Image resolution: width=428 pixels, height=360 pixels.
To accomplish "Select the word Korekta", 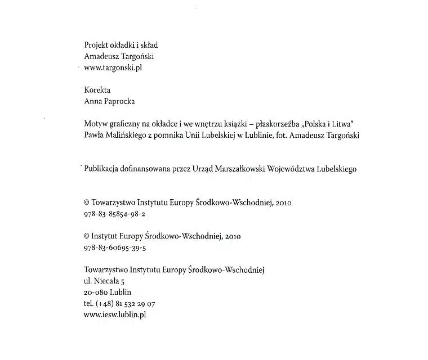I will coord(97,89).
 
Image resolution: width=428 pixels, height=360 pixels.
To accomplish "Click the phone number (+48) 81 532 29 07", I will coord(126,304).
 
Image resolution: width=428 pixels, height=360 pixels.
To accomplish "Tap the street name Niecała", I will coord(104,281).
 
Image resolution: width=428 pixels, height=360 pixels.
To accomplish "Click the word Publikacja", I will coord(102,168).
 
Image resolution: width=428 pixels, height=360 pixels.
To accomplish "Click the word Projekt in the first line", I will coord(95,45).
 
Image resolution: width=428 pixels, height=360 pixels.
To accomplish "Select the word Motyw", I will coord(95,123).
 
